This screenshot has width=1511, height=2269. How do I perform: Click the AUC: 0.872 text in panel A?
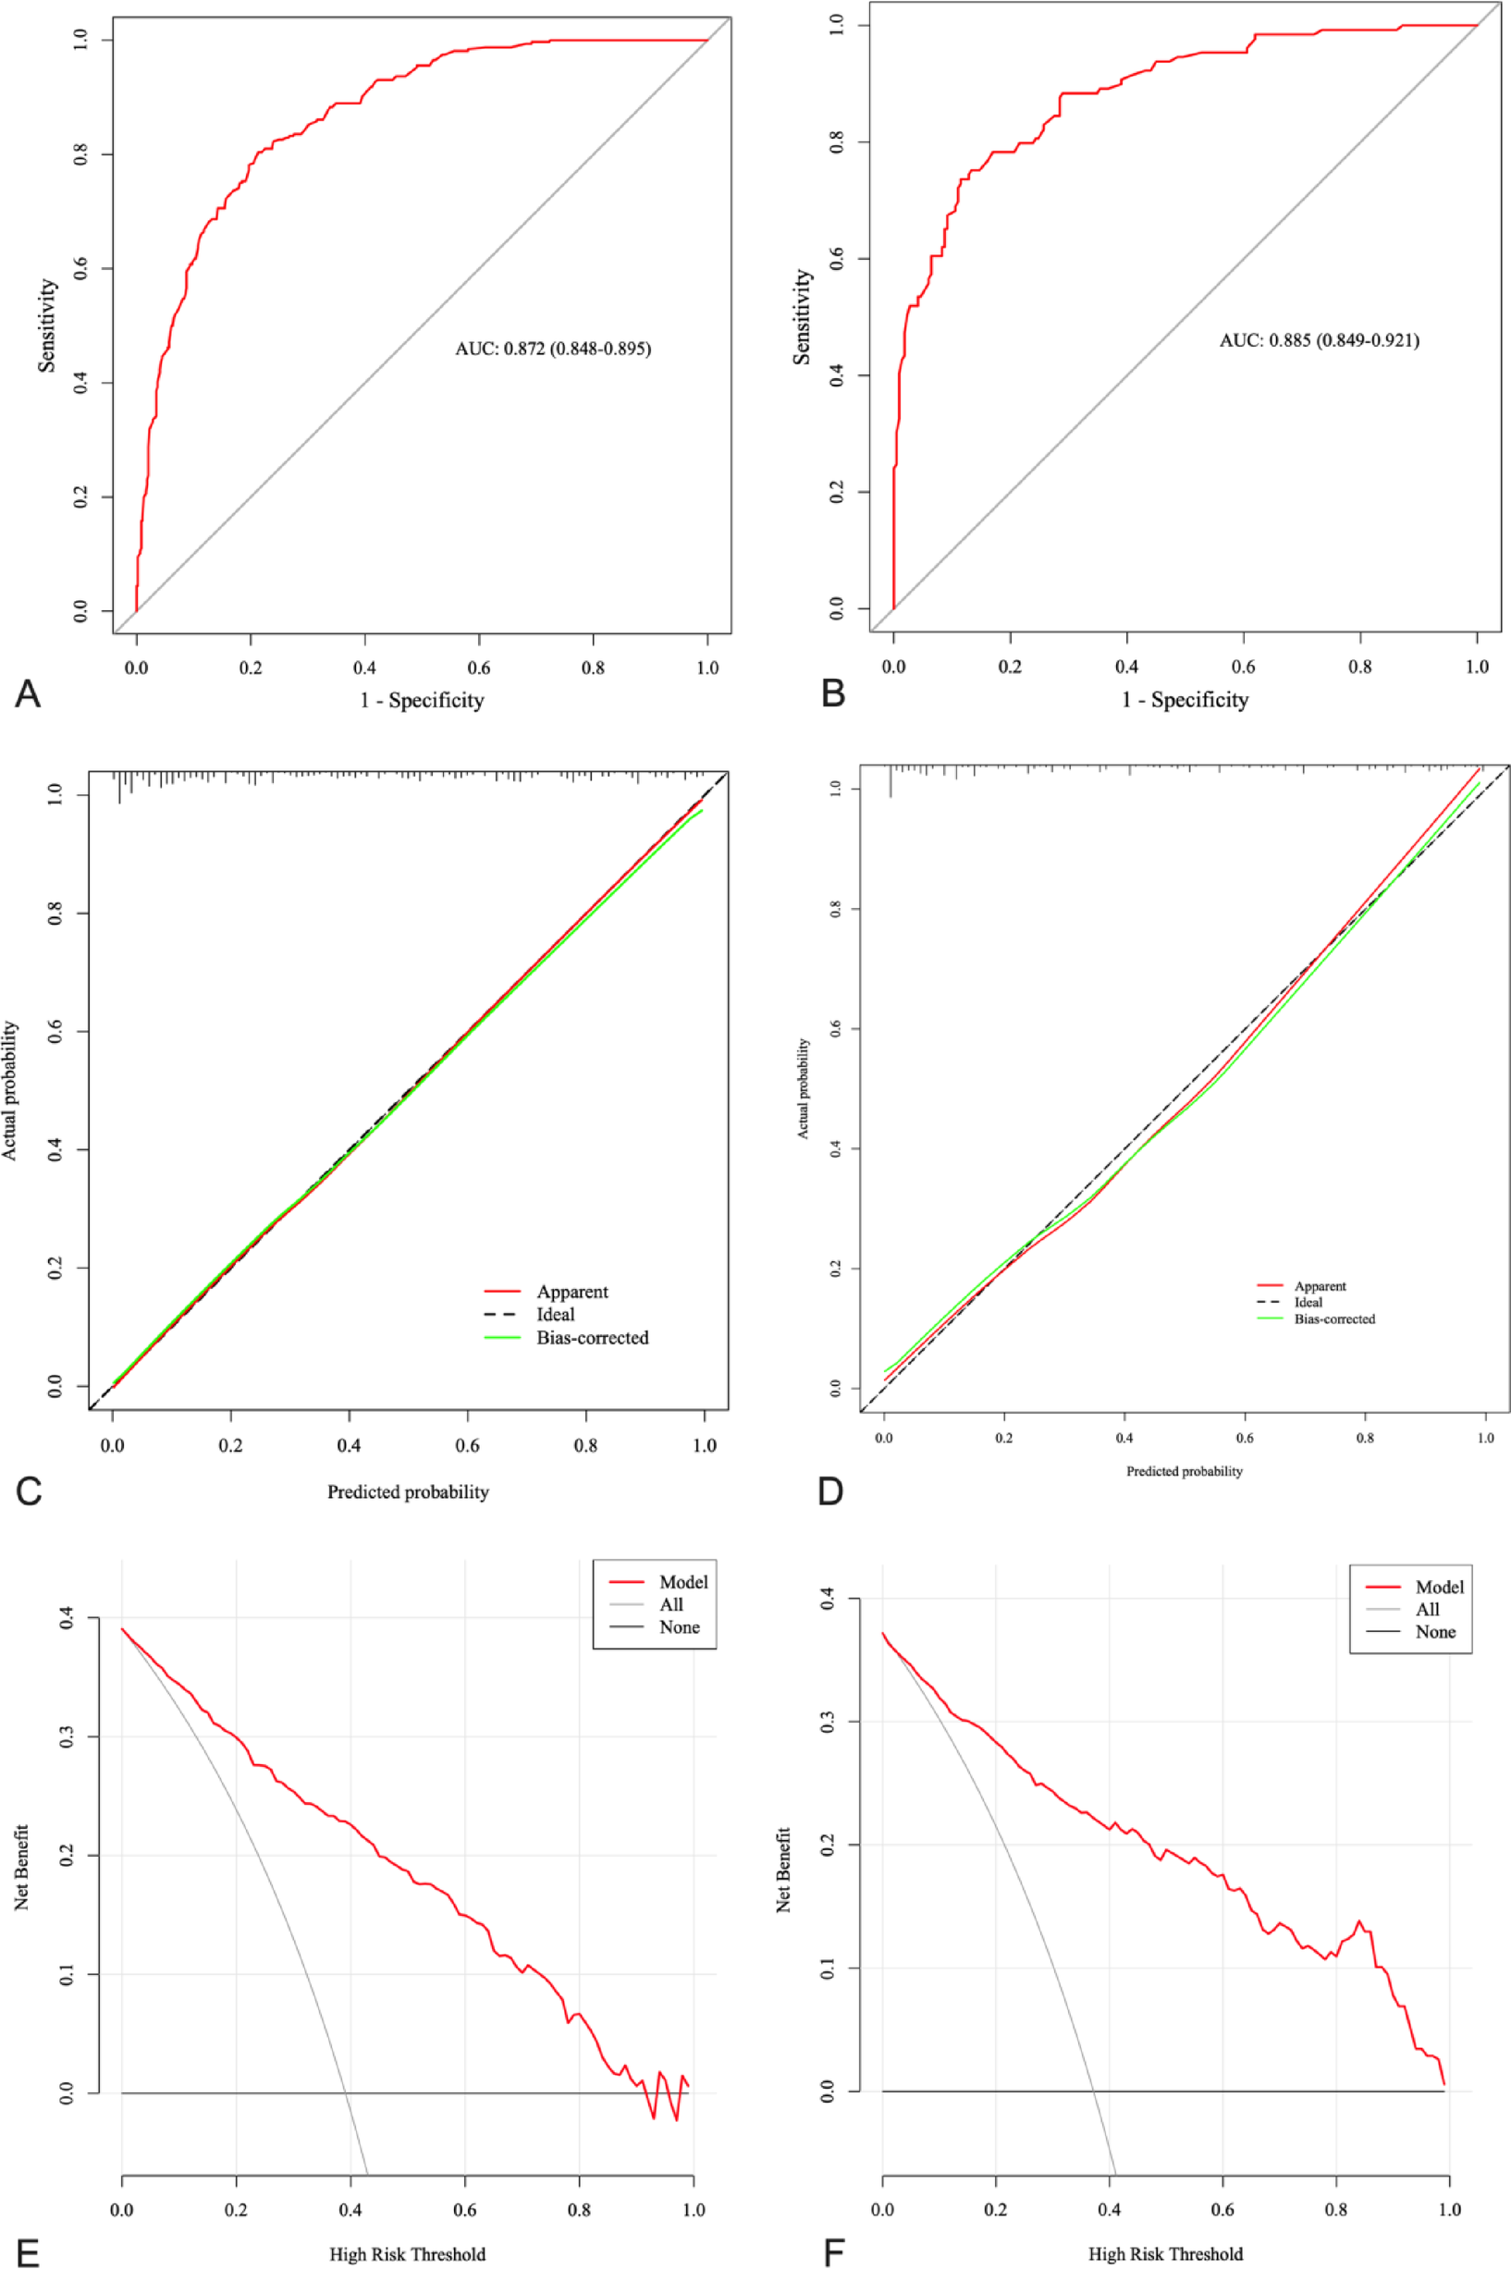click(552, 349)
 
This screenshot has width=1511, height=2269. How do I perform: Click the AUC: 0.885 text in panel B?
click(1319, 340)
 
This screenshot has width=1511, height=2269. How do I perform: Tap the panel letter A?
click(28, 693)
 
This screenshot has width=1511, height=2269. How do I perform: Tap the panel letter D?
click(829, 1491)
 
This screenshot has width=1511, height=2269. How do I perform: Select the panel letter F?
click(833, 2253)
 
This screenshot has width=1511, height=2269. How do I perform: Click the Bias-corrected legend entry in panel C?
click(592, 1337)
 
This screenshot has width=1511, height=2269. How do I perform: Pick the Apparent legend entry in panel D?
click(1320, 1286)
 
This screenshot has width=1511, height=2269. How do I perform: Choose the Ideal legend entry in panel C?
click(555, 1314)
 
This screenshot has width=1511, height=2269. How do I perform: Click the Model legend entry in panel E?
click(682, 1582)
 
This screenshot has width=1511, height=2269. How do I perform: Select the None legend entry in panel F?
click(1435, 1631)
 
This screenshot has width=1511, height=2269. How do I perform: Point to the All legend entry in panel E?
click(670, 1604)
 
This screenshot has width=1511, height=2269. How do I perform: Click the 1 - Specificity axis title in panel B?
click(1185, 701)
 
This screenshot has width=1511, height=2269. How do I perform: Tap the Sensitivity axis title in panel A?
click(47, 325)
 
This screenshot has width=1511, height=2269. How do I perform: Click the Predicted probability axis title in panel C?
click(408, 1491)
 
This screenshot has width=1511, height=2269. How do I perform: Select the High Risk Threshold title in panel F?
click(1165, 2253)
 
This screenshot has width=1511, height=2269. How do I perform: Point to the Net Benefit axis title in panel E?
click(22, 1867)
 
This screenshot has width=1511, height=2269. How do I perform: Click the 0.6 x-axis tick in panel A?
click(479, 668)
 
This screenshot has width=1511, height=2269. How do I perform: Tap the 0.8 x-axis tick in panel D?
click(1365, 1438)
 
